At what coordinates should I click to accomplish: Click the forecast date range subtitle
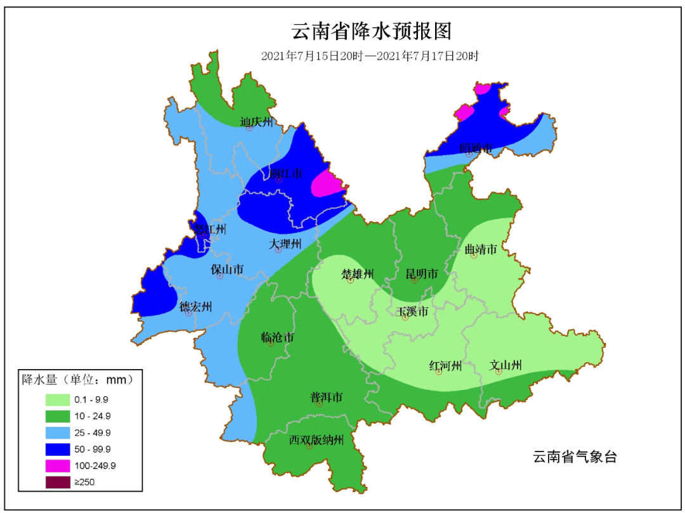click(369, 56)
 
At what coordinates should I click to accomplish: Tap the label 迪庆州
click(256, 122)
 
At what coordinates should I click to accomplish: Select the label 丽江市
click(285, 173)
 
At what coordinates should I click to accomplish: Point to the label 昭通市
click(476, 148)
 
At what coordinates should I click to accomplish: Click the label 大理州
click(284, 244)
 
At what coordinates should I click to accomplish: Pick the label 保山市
click(227, 269)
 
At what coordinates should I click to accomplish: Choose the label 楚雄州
click(358, 274)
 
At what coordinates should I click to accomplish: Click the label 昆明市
click(422, 274)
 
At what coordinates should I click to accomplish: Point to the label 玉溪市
click(412, 311)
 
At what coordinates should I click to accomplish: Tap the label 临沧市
click(277, 337)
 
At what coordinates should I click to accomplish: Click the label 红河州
click(445, 365)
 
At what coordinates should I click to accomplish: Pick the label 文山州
click(506, 365)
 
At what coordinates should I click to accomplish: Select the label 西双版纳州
click(316, 439)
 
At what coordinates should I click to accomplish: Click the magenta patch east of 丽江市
click(328, 184)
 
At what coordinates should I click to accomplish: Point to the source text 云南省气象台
click(575, 457)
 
